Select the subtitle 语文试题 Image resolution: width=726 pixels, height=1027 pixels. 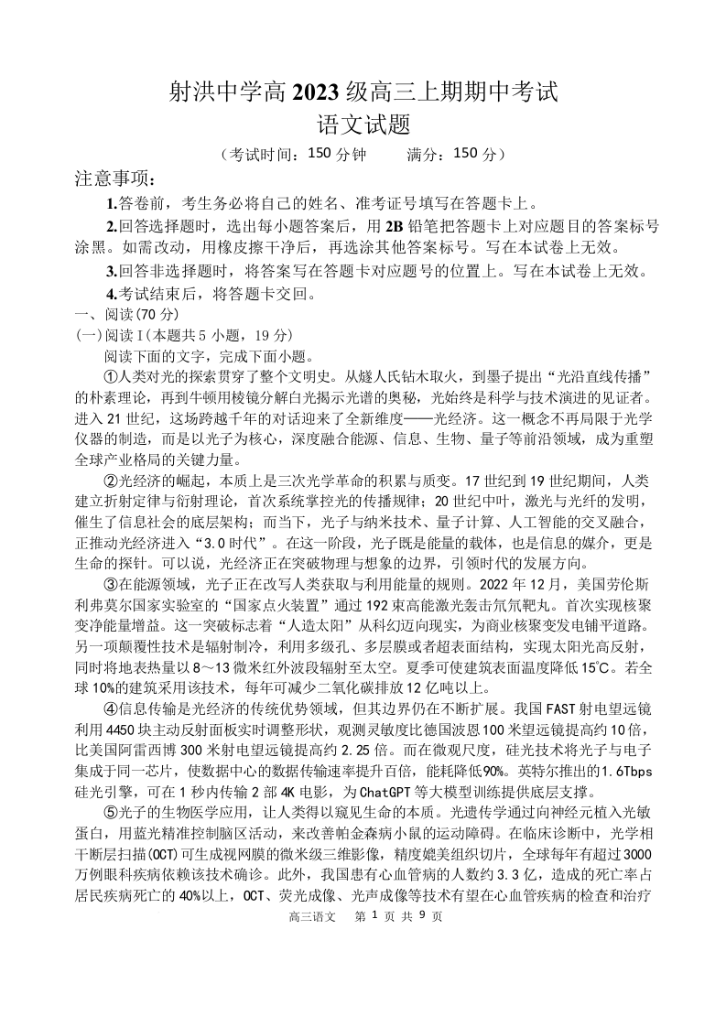tap(363, 124)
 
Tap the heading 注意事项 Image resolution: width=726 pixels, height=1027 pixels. tap(115, 178)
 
